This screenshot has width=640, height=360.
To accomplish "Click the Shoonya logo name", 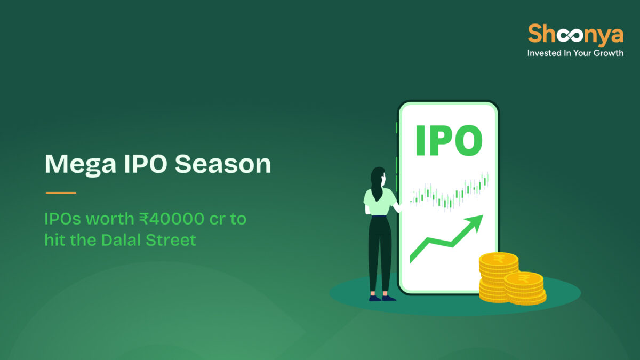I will pyautogui.click(x=575, y=35).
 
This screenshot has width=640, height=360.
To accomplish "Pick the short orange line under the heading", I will pyautogui.click(x=61, y=193).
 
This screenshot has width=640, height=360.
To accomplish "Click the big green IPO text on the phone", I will pyautogui.click(x=449, y=140).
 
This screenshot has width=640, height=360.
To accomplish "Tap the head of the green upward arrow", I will pyautogui.click(x=475, y=221).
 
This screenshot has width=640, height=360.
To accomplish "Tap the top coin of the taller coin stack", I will pyautogui.click(x=499, y=260).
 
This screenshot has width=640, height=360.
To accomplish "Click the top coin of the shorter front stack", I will pyautogui.click(x=524, y=279).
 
